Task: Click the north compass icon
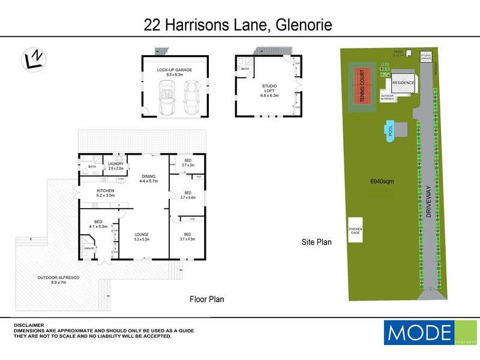33,59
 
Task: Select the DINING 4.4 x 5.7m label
148,178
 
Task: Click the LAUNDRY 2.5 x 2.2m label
115,166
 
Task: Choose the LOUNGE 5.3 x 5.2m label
142,236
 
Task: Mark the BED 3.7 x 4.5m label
188,236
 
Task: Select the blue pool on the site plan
391,130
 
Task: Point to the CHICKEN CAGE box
356,230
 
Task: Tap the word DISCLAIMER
28,325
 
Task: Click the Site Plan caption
316,242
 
